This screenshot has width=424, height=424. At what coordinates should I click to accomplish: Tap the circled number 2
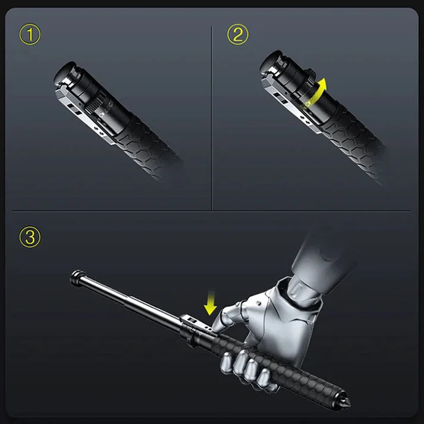click(238, 35)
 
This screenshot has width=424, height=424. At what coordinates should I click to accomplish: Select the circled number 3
click(31, 238)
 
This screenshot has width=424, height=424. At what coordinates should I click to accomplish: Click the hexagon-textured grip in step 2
click(351, 143)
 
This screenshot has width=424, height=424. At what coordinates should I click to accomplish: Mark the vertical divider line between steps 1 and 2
click(212, 119)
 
